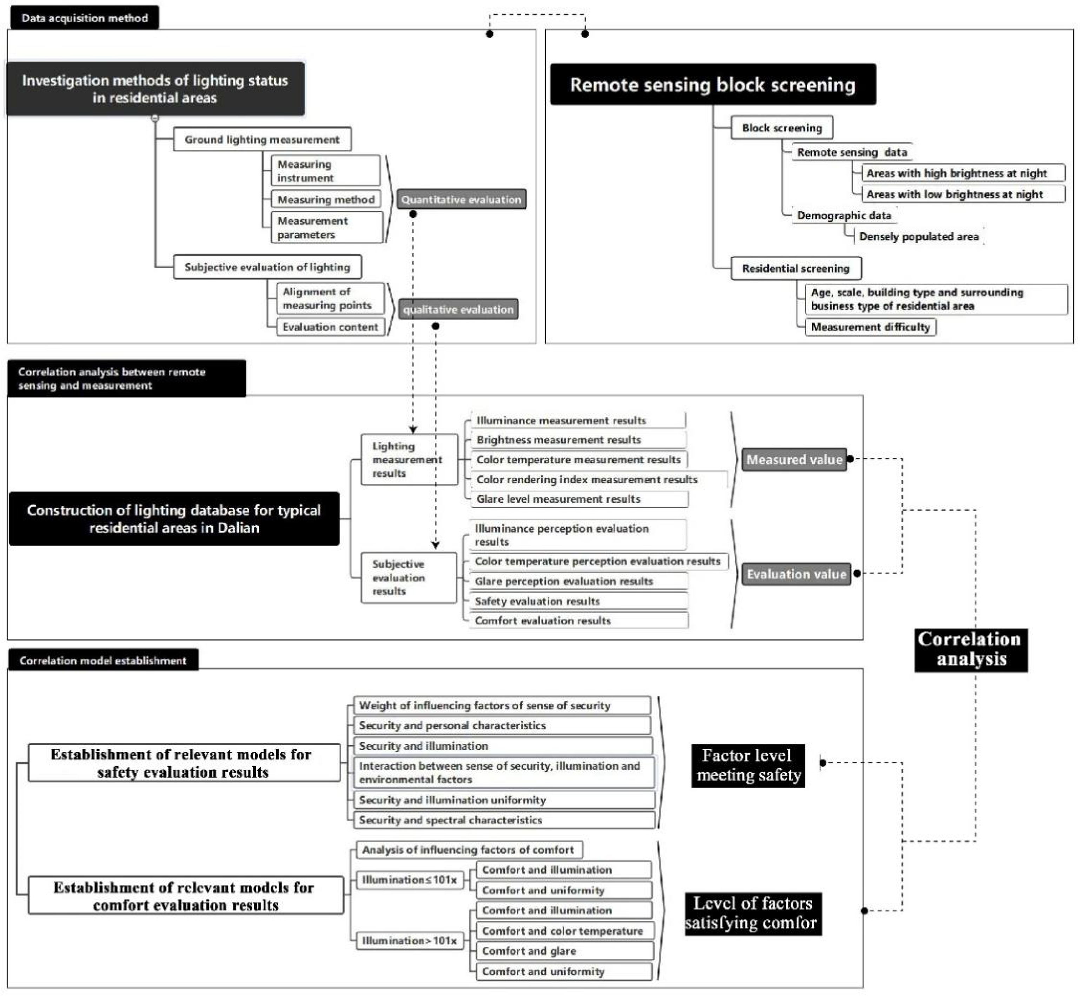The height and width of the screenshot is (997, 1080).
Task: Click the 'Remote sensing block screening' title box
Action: (x=713, y=85)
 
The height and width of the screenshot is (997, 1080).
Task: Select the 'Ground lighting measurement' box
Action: (x=262, y=140)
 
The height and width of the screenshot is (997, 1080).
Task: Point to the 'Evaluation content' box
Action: (x=330, y=327)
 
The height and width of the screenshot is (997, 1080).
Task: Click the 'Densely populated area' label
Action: (x=919, y=236)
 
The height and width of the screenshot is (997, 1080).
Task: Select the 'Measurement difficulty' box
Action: (x=870, y=327)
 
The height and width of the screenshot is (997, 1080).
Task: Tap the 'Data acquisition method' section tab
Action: (x=84, y=18)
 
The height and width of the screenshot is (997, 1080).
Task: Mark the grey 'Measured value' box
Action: (x=794, y=460)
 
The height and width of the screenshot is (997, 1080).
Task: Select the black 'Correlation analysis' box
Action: (x=971, y=650)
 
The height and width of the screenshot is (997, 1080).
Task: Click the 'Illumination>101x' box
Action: (x=410, y=941)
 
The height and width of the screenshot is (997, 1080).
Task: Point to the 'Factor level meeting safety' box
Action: (x=748, y=765)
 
